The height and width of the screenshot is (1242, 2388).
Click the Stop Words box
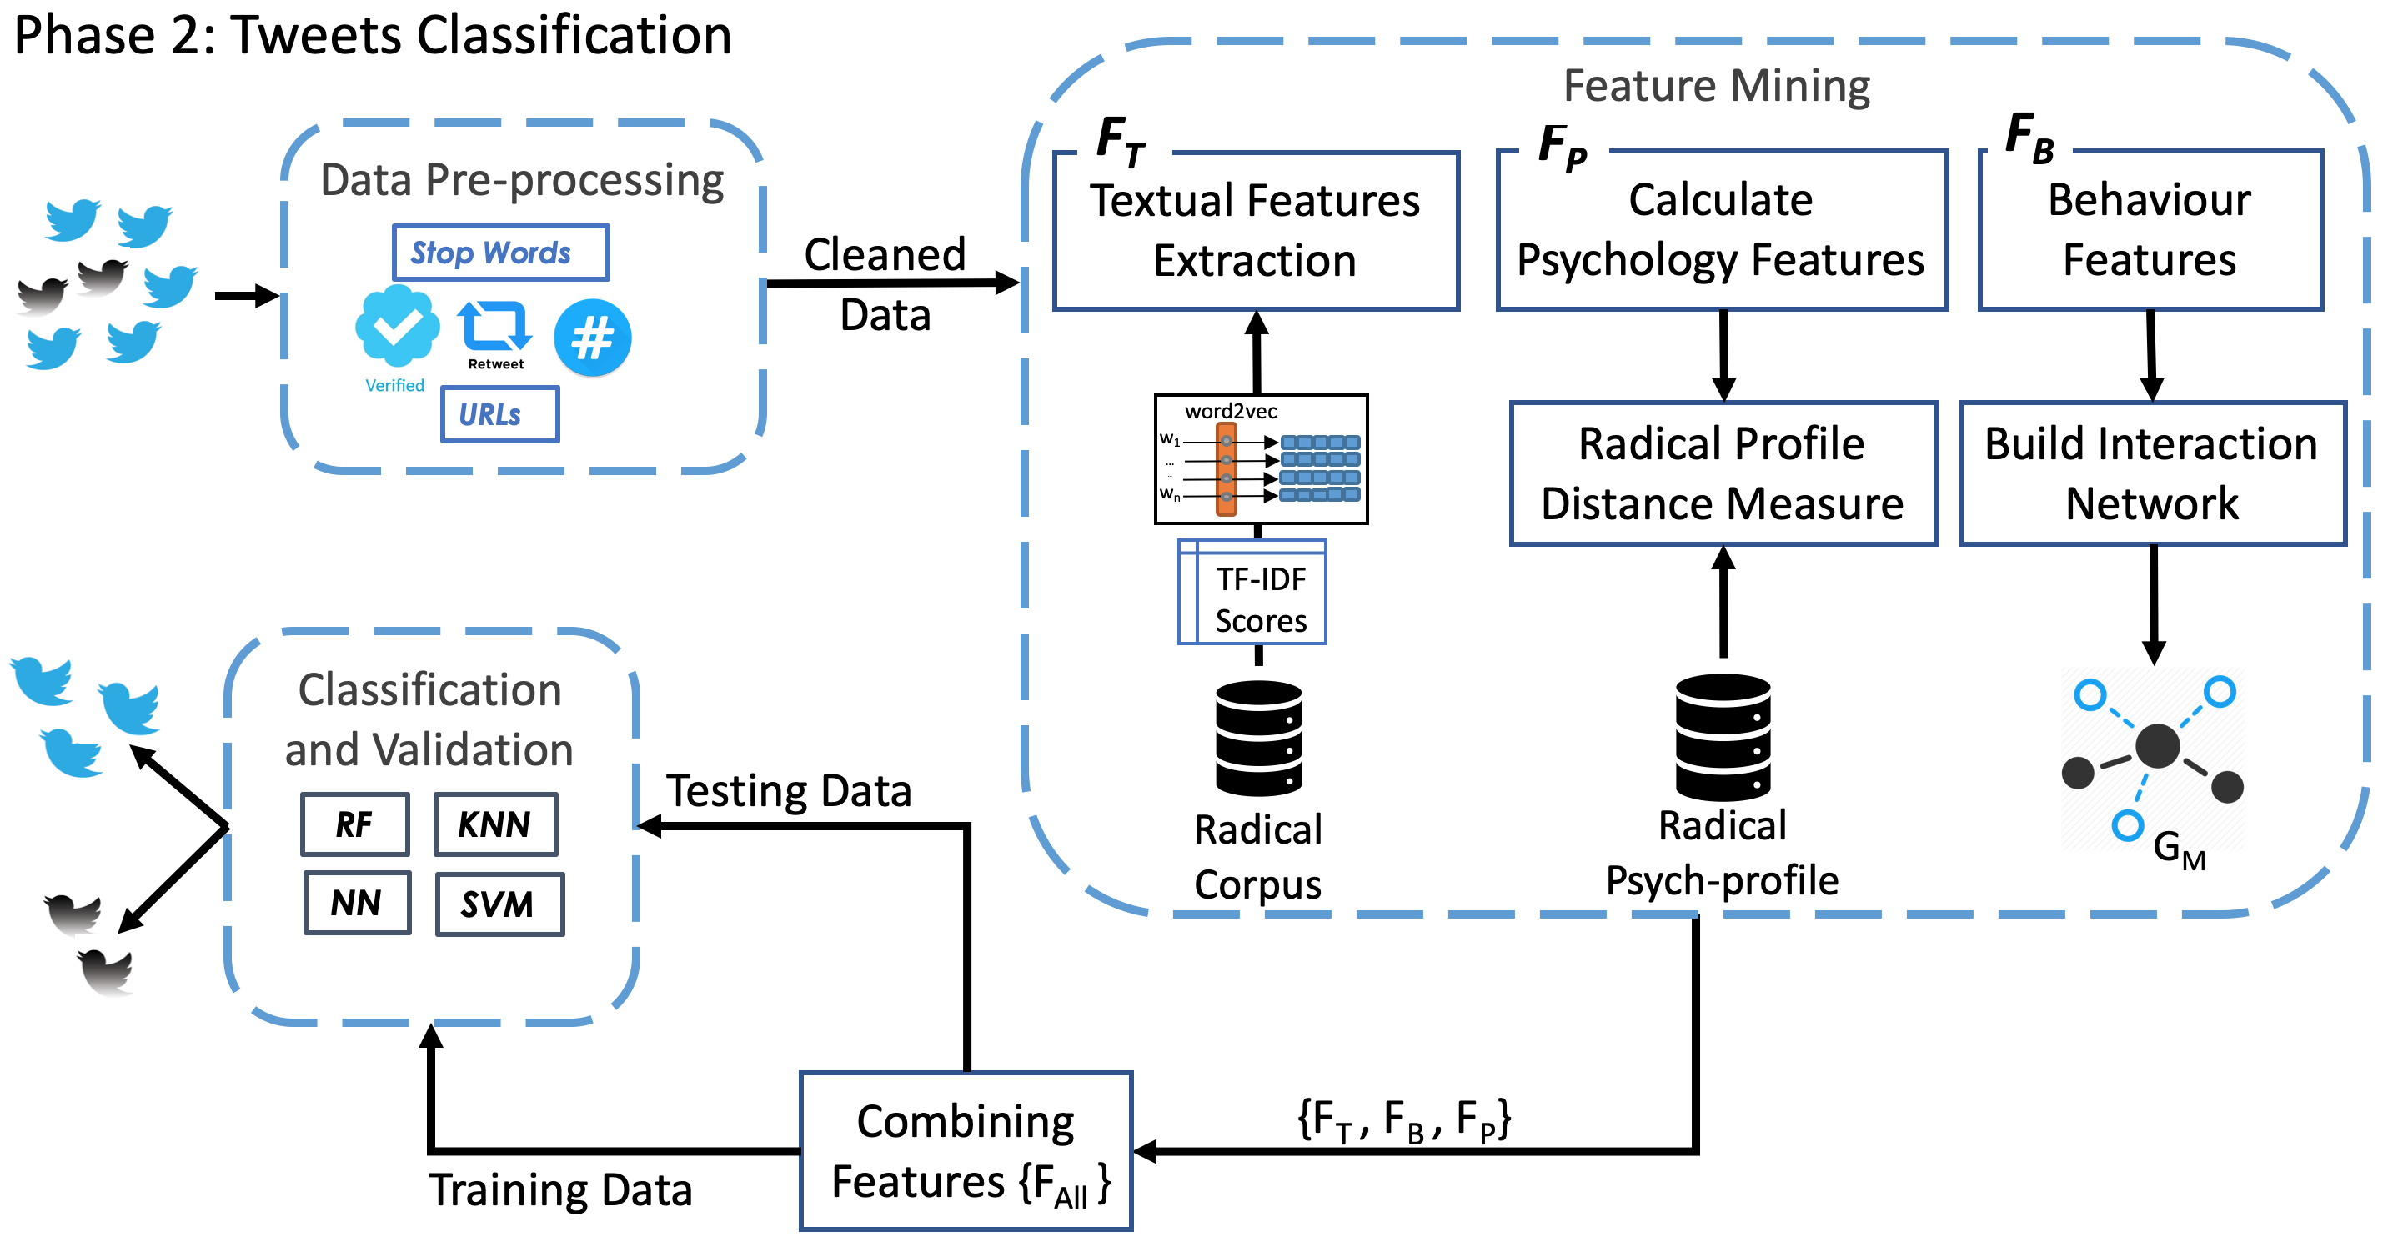point(500,252)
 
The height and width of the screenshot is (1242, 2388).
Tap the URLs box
point(499,414)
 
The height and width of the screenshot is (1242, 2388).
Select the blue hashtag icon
point(592,338)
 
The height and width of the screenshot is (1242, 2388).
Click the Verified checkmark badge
point(397,325)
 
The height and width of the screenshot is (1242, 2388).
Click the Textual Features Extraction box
point(1256,231)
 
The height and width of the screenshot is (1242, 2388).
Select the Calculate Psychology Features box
point(1722,231)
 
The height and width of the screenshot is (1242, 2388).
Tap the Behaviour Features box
point(2150,231)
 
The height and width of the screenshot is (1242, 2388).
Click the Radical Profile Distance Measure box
point(1723,473)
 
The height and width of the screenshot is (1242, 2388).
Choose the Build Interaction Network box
point(2153,473)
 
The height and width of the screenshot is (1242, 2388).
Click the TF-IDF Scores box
point(1252,593)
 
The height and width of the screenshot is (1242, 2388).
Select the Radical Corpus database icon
point(1259,739)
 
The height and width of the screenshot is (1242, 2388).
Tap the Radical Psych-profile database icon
point(1723,737)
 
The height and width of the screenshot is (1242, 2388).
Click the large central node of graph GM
point(2157,746)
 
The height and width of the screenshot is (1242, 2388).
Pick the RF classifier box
point(354,824)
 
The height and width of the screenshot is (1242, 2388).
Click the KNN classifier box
point(495,824)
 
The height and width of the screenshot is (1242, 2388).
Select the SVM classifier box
point(499,904)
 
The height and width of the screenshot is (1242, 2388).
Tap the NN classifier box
point(357,903)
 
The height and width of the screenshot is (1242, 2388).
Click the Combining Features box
point(966,1151)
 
